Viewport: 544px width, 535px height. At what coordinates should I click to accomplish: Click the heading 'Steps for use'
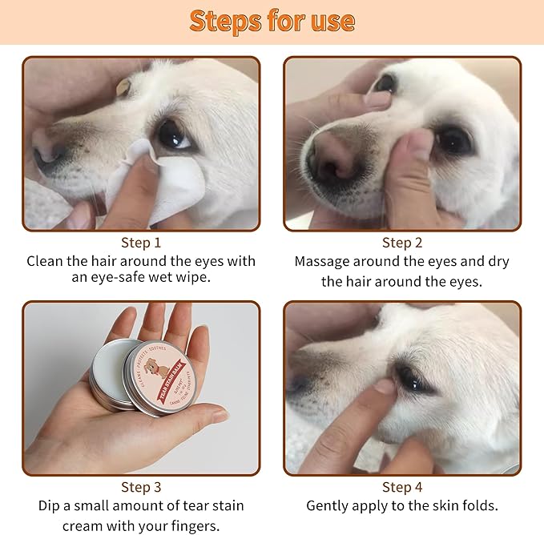point(272,21)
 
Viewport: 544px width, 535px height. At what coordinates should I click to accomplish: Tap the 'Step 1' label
point(141,243)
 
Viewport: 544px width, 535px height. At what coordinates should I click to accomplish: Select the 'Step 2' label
point(402,243)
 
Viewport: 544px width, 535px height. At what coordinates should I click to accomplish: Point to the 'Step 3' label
point(141,487)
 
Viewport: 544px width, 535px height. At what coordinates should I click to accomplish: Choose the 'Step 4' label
point(402,487)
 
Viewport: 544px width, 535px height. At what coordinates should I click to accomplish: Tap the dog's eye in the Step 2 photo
point(453,141)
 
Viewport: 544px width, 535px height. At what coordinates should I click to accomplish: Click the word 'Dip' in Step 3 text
point(50,506)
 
